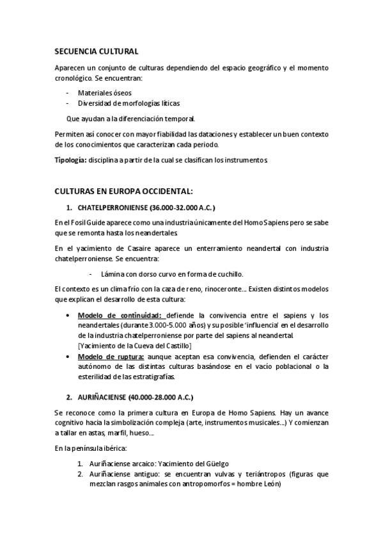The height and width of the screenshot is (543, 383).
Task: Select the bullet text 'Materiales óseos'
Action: [105, 92]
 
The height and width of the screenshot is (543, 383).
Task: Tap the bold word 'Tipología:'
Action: [70, 159]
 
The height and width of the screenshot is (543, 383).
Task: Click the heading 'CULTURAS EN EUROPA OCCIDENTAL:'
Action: [123, 191]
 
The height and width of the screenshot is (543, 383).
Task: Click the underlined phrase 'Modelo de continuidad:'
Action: [121, 315]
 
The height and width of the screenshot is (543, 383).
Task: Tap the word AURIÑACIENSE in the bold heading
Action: [102, 397]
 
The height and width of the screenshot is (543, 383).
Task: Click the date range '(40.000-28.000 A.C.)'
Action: [160, 397]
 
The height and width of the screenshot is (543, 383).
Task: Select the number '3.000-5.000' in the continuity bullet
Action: [144, 325]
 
